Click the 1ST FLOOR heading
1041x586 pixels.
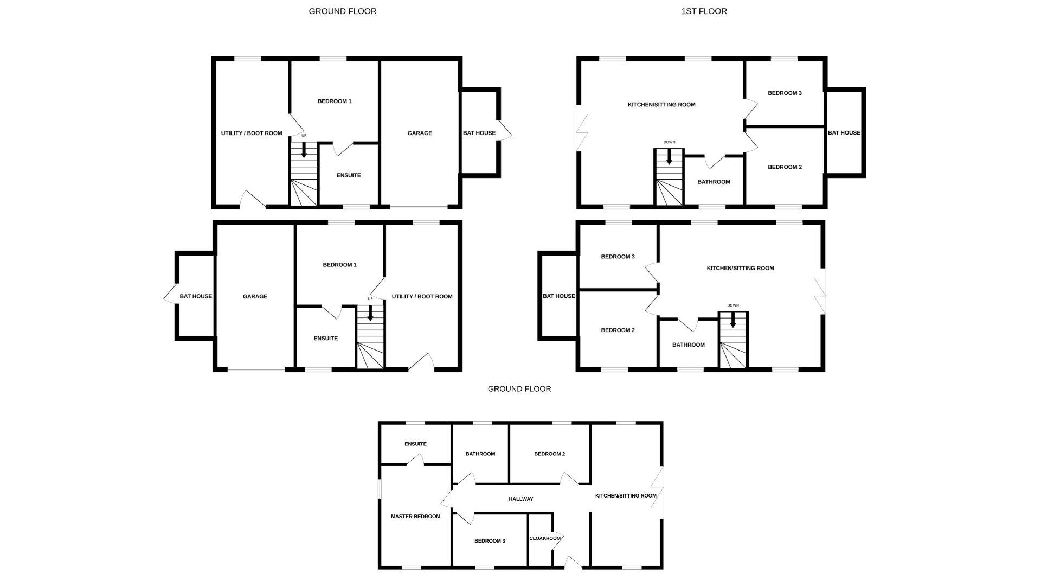[x=704, y=11]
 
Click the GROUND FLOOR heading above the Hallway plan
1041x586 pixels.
[x=519, y=388]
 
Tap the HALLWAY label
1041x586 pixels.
[x=521, y=499]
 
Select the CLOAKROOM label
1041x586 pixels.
[x=545, y=538]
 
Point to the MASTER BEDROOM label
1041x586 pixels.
[x=415, y=516]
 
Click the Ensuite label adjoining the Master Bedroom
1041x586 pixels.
[x=415, y=444]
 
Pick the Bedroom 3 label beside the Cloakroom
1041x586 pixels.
[x=490, y=540]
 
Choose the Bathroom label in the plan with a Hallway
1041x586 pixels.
[x=480, y=454]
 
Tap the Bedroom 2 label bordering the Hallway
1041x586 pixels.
[x=550, y=454]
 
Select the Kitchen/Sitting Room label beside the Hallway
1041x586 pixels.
[x=626, y=495]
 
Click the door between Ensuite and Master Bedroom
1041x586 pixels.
[x=415, y=459]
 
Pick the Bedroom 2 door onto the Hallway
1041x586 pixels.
[x=569, y=478]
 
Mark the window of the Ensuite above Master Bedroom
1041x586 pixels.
[x=416, y=423]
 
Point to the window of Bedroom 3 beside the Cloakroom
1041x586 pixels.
[x=485, y=568]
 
